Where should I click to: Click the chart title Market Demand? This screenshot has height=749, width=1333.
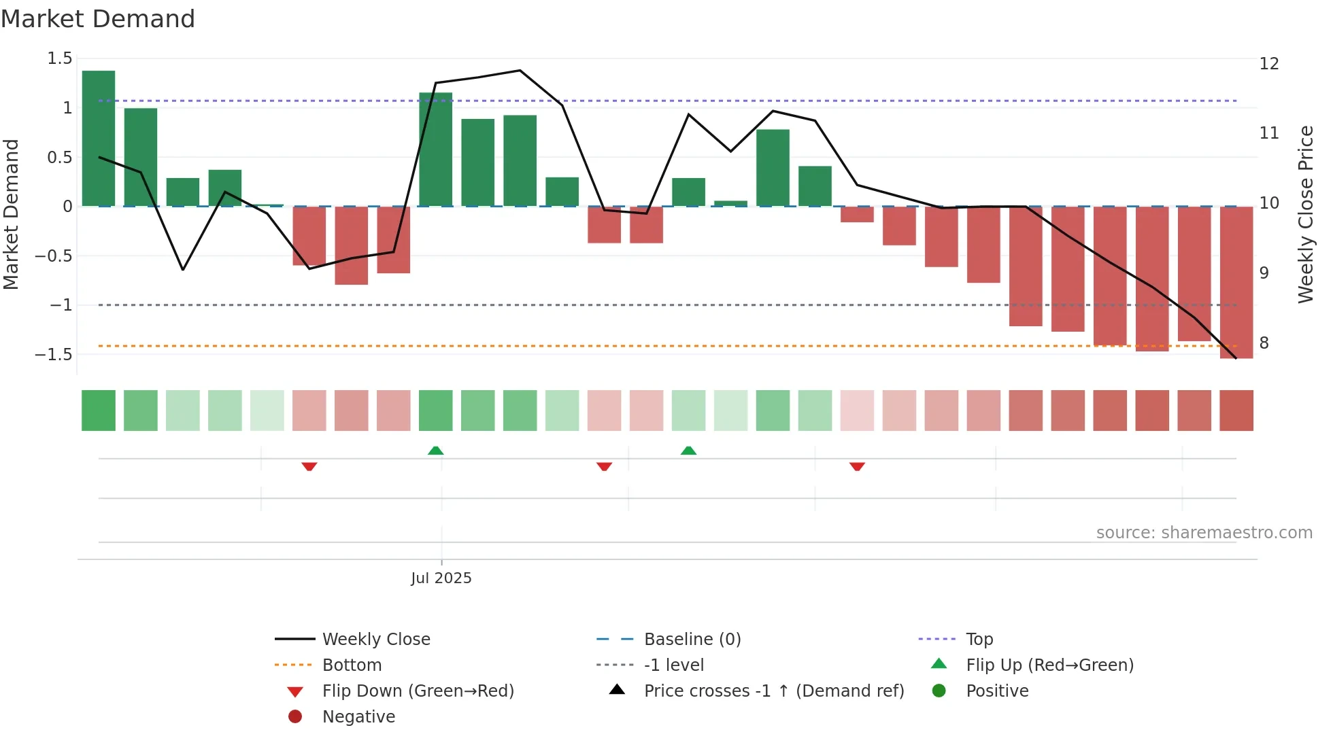(98, 19)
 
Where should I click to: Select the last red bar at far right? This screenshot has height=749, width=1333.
(1236, 282)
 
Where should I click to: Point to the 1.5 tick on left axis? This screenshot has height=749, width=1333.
(60, 58)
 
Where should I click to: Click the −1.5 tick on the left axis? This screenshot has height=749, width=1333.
(54, 354)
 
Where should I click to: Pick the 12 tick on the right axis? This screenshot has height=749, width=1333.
(1268, 64)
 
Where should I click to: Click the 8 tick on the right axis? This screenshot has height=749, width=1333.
(1264, 343)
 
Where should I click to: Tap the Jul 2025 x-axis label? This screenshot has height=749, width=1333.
(441, 578)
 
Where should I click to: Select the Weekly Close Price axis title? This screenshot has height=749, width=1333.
(1305, 214)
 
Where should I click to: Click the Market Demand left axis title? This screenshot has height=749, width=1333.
(12, 214)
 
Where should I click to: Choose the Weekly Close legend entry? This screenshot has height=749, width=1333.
(375, 640)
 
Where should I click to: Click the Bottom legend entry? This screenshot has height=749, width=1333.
(352, 665)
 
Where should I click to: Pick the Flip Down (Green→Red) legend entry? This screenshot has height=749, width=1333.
(418, 691)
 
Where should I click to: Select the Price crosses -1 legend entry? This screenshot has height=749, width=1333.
(773, 691)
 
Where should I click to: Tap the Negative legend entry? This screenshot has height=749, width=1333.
(358, 717)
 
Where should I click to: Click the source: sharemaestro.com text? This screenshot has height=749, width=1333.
(1204, 533)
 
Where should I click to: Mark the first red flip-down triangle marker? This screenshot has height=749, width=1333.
(309, 466)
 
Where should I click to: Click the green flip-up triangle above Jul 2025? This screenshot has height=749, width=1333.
(435, 451)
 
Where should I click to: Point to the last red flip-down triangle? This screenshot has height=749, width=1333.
(857, 466)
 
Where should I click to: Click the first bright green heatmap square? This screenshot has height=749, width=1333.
(99, 411)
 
